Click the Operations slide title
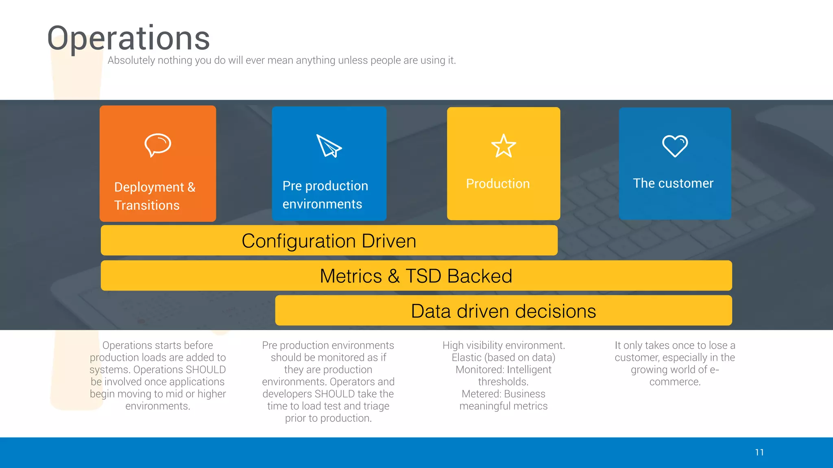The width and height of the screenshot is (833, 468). coord(129,38)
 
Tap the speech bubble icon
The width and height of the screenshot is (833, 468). coord(158,145)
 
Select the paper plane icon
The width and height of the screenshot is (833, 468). coord(329,146)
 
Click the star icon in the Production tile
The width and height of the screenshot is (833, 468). coord(504,146)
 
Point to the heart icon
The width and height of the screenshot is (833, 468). coord(675,146)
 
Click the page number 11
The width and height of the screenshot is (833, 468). coord(759,452)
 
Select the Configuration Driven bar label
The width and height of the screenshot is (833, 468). coord(329,241)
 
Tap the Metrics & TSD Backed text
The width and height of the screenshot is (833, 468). coord(416,276)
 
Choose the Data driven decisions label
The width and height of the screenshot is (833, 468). coord(503,311)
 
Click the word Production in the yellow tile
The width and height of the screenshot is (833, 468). coord(498,184)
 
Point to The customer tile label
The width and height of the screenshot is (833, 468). coord(673,183)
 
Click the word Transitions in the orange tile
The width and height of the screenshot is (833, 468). coord(147,205)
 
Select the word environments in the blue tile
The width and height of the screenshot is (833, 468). coord(322,204)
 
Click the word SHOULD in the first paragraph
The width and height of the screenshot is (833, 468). coord(205,370)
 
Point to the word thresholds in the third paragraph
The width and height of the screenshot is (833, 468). coord(503,382)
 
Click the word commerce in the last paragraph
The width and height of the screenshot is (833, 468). coord(674,382)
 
